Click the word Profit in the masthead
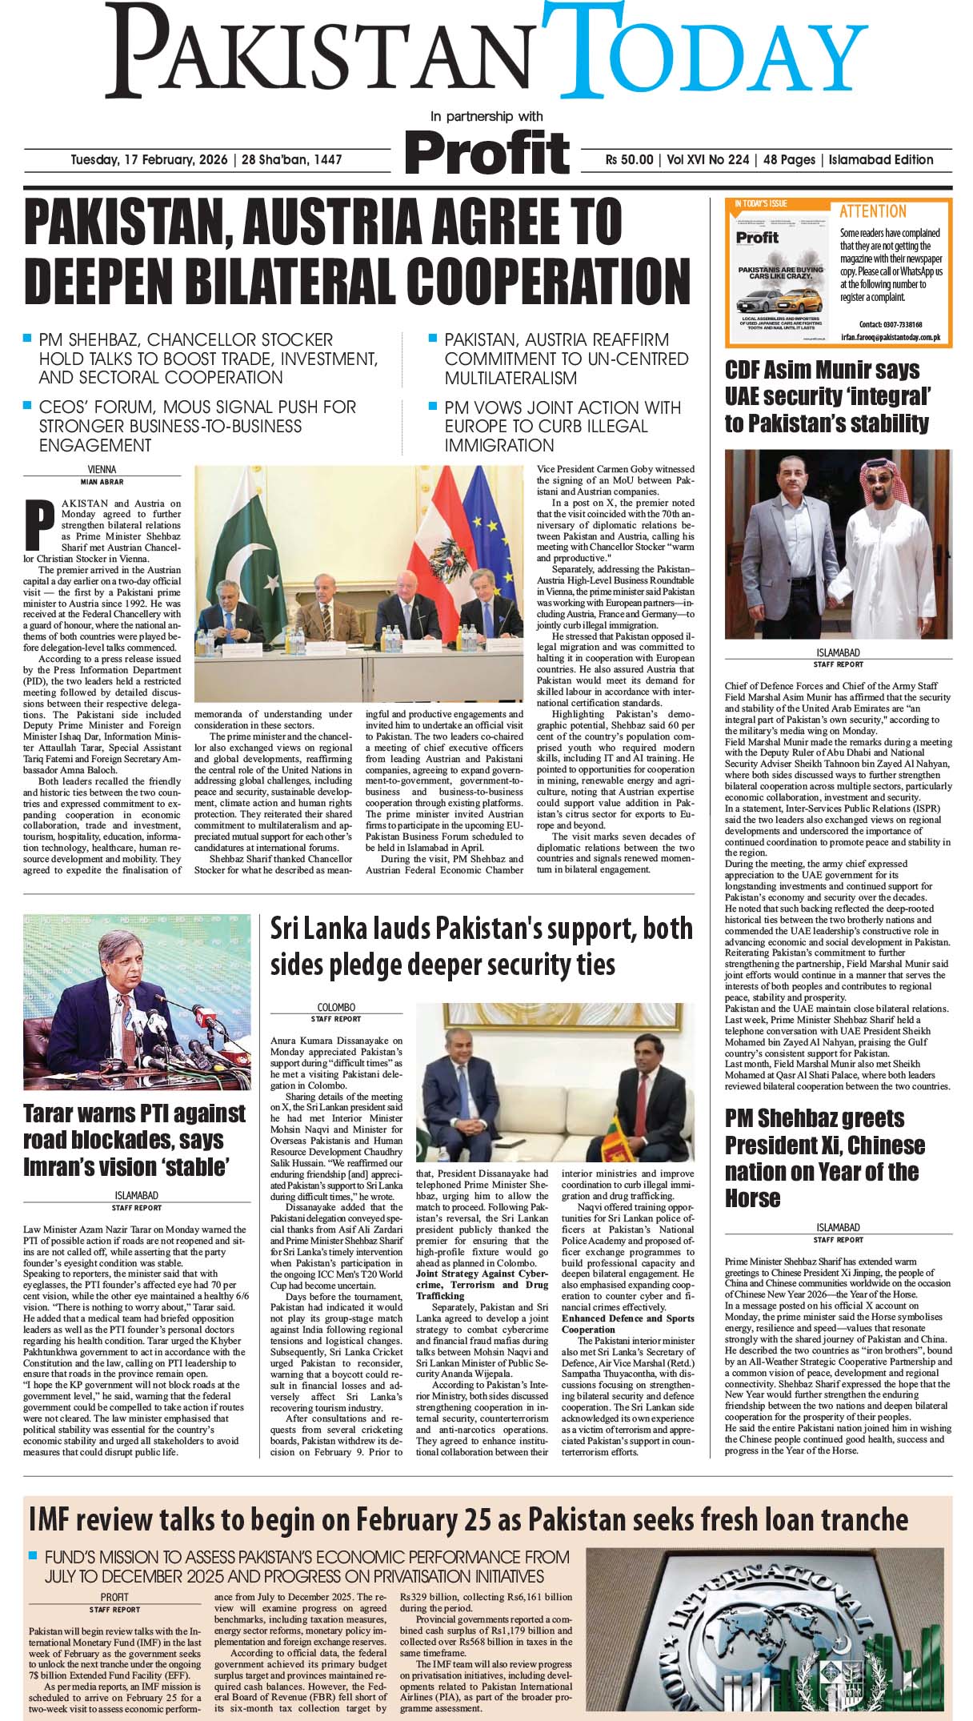click(486, 152)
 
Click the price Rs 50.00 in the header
click(629, 160)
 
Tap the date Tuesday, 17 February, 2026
click(149, 160)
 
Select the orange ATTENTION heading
click(872, 211)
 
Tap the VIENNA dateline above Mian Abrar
click(102, 469)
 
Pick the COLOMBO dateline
click(336, 1008)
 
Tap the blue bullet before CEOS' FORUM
click(28, 405)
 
